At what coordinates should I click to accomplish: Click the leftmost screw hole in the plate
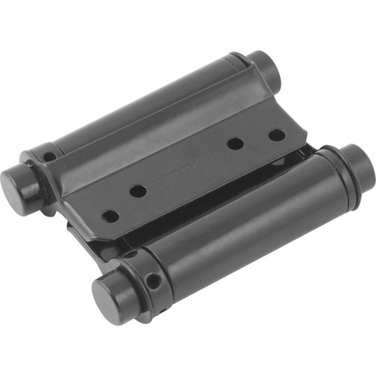[111, 216]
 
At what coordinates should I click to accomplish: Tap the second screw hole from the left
[138, 191]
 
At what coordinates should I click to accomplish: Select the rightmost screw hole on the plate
[277, 135]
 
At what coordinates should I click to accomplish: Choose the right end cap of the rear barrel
[265, 69]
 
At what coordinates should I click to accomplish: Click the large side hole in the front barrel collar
[153, 281]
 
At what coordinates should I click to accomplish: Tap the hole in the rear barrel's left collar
[50, 157]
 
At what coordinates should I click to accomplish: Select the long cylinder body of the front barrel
[241, 226]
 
